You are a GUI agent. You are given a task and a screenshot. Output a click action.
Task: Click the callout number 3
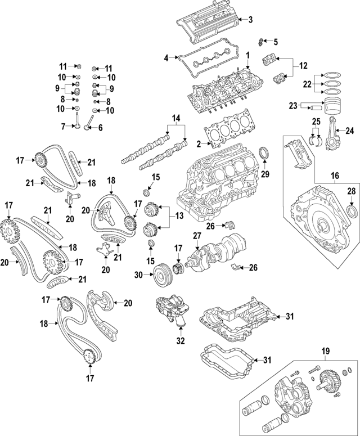click(251, 20)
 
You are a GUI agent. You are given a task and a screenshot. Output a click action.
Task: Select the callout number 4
click(166, 57)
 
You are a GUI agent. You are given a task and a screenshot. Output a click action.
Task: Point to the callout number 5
click(276, 41)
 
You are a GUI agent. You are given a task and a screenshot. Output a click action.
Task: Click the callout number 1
click(246, 56)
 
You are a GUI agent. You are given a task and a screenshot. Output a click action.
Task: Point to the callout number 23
click(293, 105)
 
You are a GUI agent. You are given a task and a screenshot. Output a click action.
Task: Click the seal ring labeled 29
click(264, 154)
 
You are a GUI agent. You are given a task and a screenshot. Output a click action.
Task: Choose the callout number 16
click(334, 176)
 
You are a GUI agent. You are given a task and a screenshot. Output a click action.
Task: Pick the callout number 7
click(64, 126)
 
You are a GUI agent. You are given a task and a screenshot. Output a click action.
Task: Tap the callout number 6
click(101, 128)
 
